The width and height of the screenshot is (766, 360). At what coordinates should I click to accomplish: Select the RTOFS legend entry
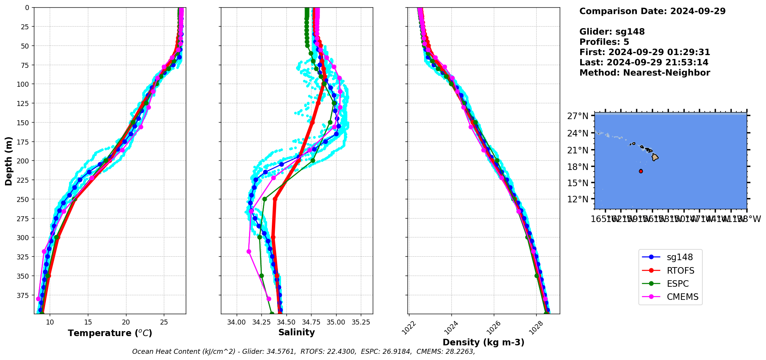click(x=680, y=271)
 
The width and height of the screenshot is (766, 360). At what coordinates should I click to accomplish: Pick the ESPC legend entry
click(x=677, y=284)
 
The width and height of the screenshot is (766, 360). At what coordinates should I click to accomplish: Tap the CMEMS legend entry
click(x=682, y=297)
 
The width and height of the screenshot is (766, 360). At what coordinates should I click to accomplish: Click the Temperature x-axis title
click(x=110, y=333)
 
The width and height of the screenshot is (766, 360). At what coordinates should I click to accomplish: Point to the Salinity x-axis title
click(x=296, y=332)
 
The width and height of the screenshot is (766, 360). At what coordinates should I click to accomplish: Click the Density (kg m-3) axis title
click(x=483, y=342)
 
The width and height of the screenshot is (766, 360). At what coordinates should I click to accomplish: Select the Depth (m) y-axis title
click(x=8, y=161)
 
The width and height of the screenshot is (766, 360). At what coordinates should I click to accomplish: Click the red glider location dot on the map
click(x=641, y=171)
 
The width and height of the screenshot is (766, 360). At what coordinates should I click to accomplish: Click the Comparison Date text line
click(x=652, y=11)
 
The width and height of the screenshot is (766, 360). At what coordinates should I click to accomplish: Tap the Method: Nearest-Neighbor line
click(x=645, y=72)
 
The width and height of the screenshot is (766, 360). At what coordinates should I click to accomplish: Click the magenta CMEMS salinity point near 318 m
click(x=249, y=251)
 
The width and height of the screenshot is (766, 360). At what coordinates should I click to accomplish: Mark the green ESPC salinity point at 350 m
click(x=261, y=276)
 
